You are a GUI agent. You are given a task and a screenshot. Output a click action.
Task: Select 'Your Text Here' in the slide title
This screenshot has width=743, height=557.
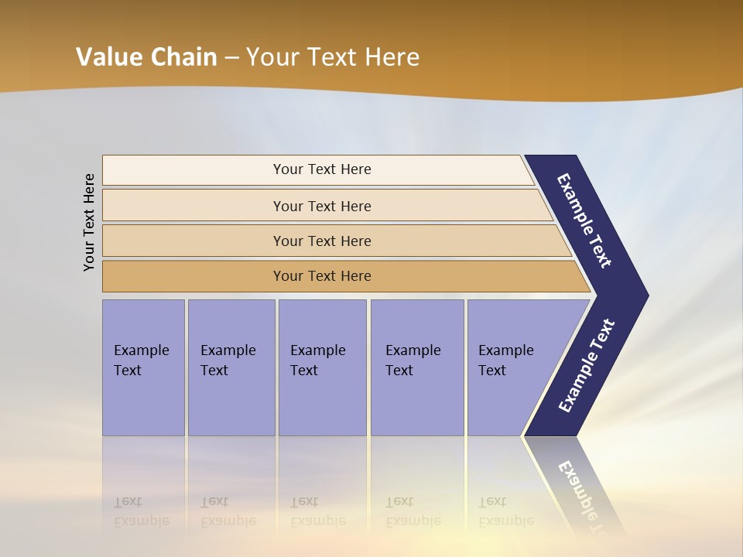[x=333, y=57]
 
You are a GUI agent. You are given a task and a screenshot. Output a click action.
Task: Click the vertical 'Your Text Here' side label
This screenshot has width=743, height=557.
[x=89, y=223]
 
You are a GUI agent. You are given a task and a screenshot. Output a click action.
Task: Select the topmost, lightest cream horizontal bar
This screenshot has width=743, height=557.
[x=321, y=169]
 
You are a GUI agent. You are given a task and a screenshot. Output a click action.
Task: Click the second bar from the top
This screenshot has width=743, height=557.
[x=321, y=206]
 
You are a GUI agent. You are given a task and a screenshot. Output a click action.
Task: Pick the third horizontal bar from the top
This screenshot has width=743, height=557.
[x=321, y=241]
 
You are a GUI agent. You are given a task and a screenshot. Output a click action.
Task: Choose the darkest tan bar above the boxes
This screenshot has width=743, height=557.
[x=321, y=276]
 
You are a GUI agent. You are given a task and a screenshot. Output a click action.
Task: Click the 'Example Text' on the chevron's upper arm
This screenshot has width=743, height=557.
[x=584, y=220]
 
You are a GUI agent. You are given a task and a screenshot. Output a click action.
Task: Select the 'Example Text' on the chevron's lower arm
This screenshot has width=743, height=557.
[x=586, y=366]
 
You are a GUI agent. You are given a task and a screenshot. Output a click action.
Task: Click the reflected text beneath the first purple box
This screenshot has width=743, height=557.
[x=141, y=511]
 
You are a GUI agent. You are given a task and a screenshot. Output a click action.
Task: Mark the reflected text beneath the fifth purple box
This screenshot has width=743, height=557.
[x=505, y=511]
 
